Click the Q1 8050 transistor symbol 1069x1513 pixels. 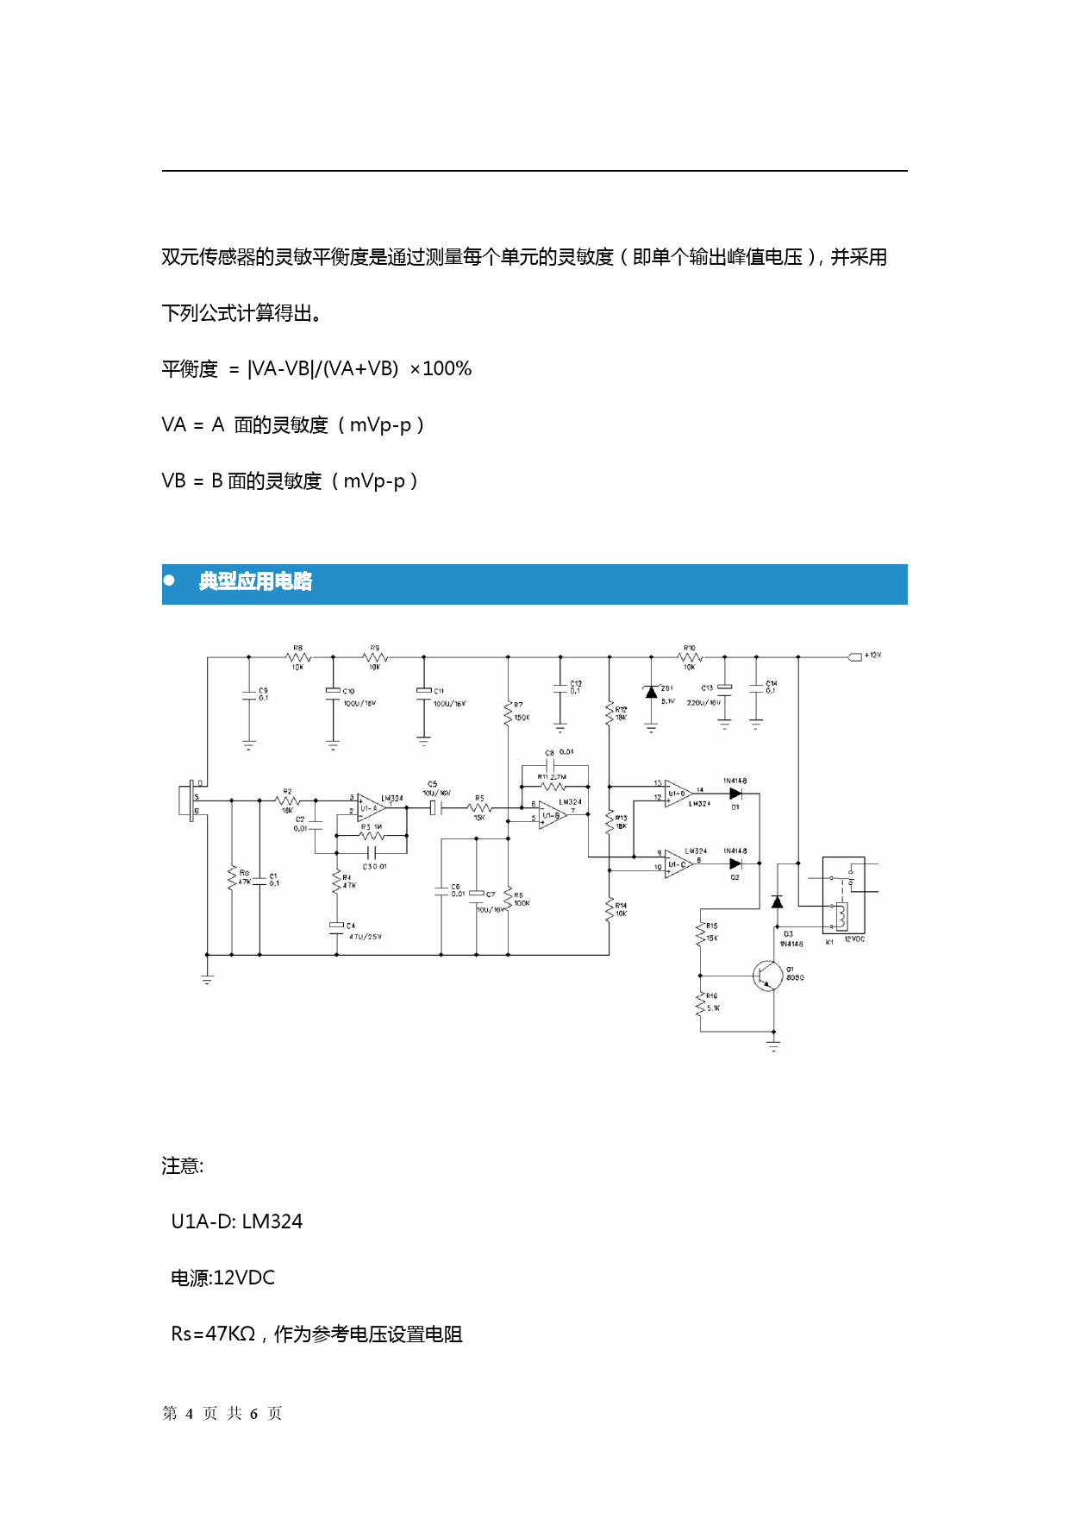tap(767, 976)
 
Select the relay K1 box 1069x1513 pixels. tap(843, 895)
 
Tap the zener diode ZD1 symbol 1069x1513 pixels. tap(652, 692)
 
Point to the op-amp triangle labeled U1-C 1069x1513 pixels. tap(678, 863)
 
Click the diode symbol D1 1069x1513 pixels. tap(735, 794)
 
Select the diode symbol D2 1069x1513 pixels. tap(735, 863)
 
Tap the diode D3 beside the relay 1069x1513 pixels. tap(777, 902)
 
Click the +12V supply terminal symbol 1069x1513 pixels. tap(855, 656)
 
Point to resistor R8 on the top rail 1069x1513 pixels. tap(297, 657)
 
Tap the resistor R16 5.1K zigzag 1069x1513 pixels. tap(700, 1003)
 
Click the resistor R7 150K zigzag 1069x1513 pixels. tap(508, 713)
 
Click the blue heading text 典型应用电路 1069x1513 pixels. tap(255, 582)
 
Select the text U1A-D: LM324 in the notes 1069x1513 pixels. tap(237, 1221)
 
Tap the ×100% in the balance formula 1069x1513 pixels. tap(441, 369)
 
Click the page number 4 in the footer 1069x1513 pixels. tap(189, 1414)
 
